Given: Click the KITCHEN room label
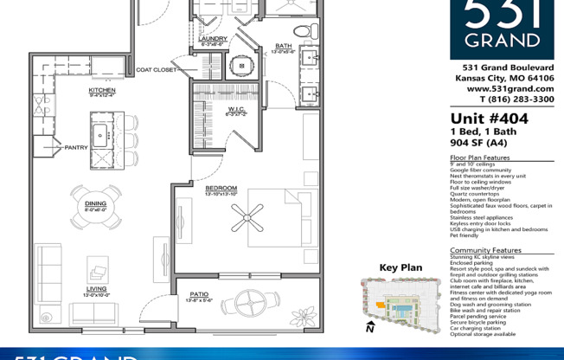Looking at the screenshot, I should coord(102,90).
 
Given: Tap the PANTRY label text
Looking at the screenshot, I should coord(76,147).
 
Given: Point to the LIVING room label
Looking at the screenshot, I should coord(96,289).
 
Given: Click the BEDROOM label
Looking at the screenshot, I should coord(221,188).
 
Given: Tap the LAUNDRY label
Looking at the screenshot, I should coord(213,39).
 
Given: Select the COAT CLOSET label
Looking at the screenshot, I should coord(157,69).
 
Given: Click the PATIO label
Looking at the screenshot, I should coord(200,295).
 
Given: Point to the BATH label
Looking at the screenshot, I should coord(284,46).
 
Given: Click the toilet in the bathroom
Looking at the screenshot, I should coord(302,30).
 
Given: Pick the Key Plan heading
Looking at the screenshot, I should coord(401,267).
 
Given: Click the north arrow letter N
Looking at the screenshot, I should coord(369,328).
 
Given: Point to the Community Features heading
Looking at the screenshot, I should coord(485,250).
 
